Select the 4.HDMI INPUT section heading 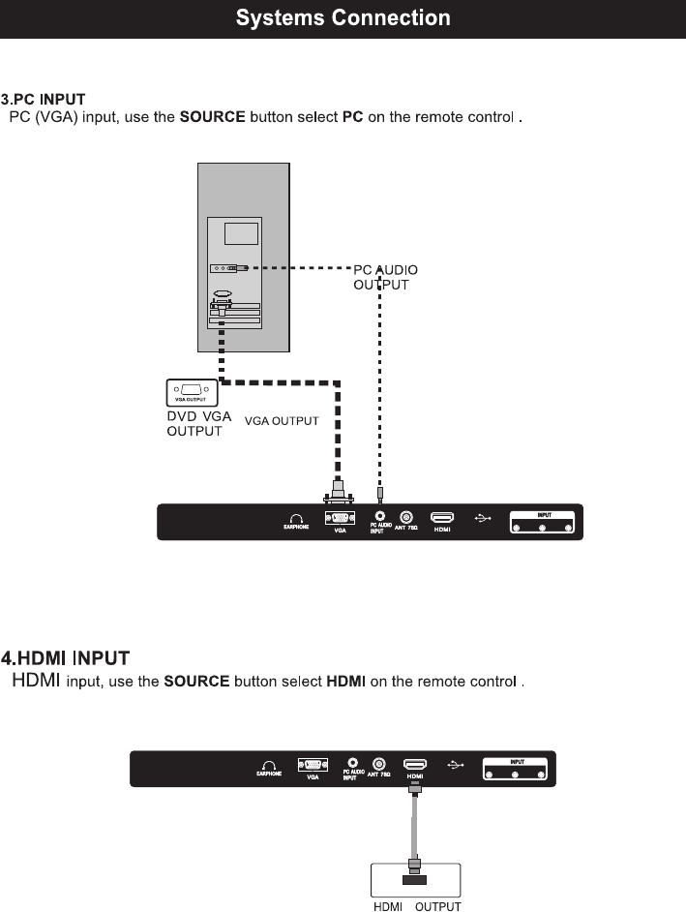pos(66,659)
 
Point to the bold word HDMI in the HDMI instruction pos(345,682)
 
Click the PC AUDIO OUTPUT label pos(385,277)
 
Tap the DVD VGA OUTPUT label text pos(199,423)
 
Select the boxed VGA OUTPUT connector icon pos(193,393)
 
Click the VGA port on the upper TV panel pos(340,518)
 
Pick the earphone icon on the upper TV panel pos(296,518)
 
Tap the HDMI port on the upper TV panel pos(442,518)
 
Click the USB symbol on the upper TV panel pos(484,518)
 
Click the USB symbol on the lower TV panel pos(457,764)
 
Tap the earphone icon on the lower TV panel pos(269,764)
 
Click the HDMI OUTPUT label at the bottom pos(417,906)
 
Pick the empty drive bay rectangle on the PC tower pos(241,233)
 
